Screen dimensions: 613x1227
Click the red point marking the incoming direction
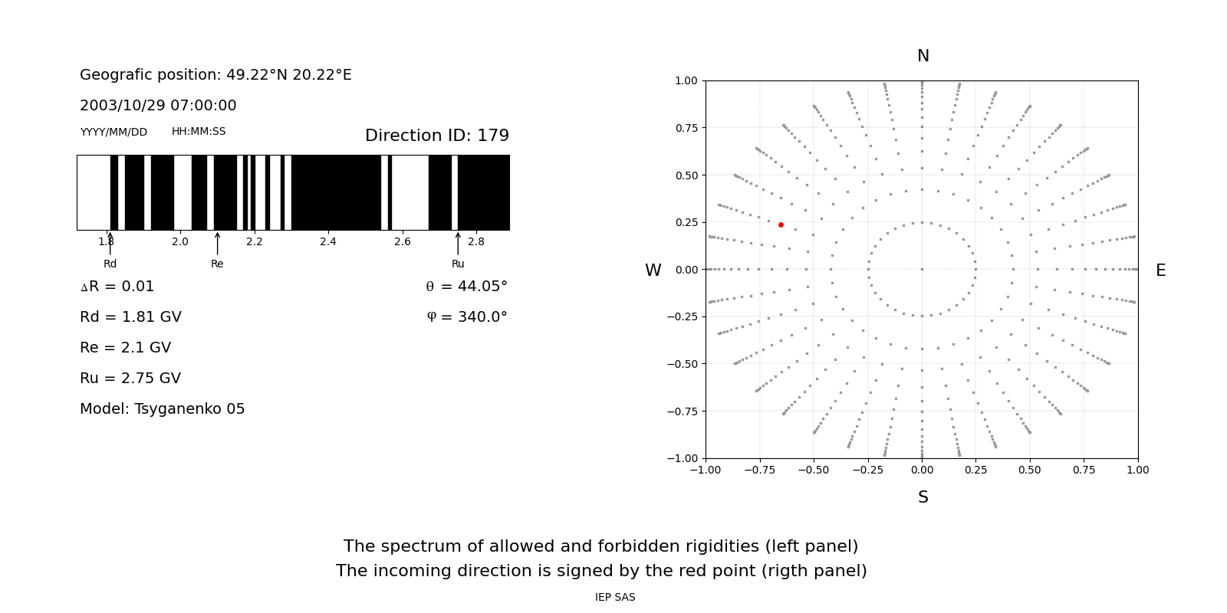click(x=781, y=225)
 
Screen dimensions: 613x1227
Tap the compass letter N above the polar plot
click(x=923, y=56)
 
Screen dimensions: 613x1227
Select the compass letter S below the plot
click(x=923, y=497)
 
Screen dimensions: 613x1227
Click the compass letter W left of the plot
click(x=653, y=270)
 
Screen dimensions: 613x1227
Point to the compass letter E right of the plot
click(x=1160, y=270)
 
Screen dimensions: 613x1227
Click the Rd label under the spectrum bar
click(x=110, y=264)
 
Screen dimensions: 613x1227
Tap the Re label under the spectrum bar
click(x=217, y=264)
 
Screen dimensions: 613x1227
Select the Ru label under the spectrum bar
click(x=458, y=264)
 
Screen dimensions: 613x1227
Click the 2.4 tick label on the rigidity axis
click(x=328, y=241)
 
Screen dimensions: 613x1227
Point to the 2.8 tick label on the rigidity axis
click(x=476, y=241)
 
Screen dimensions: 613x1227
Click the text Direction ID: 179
click(x=437, y=136)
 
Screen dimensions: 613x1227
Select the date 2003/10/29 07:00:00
click(x=158, y=106)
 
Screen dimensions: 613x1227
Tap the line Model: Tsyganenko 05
click(x=163, y=409)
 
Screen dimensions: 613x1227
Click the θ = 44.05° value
click(x=467, y=287)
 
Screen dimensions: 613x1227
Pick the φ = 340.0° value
click(x=467, y=317)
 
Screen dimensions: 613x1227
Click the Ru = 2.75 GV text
click(x=130, y=379)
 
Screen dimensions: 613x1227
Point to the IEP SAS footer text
click(x=615, y=597)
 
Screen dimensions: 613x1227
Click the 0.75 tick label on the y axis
click(x=686, y=128)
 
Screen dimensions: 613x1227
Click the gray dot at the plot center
click(x=922, y=269)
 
